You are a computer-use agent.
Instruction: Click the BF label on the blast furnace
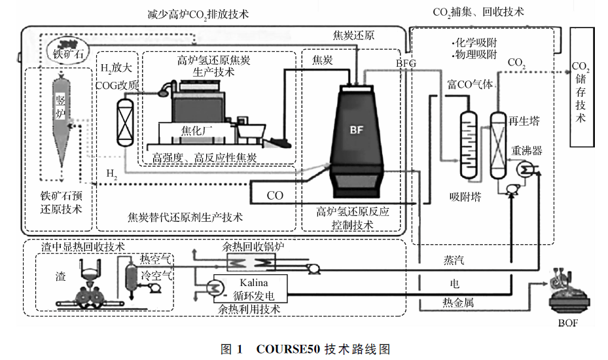click(355, 130)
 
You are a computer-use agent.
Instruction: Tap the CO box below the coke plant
click(276, 195)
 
